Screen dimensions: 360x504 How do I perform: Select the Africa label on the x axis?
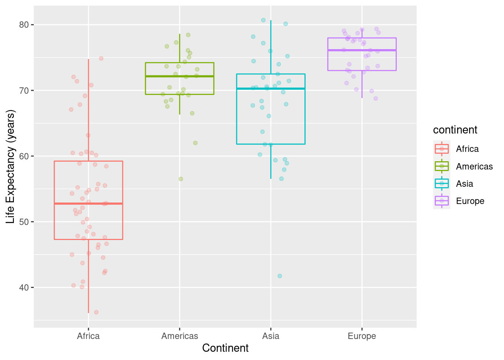(88, 336)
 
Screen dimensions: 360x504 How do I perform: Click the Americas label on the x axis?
(180, 336)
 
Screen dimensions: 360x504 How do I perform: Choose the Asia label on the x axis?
(271, 336)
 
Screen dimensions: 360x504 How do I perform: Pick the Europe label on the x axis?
(362, 336)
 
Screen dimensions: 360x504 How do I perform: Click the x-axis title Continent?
(225, 348)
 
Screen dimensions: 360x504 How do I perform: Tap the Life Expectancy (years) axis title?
(10, 166)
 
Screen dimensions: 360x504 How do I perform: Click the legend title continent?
(455, 130)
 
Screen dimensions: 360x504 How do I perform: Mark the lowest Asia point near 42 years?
(280, 276)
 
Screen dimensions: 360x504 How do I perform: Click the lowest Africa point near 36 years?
(96, 312)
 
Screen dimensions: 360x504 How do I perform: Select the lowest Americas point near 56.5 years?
(181, 179)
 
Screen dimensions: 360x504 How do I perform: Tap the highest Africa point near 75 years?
(101, 58)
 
